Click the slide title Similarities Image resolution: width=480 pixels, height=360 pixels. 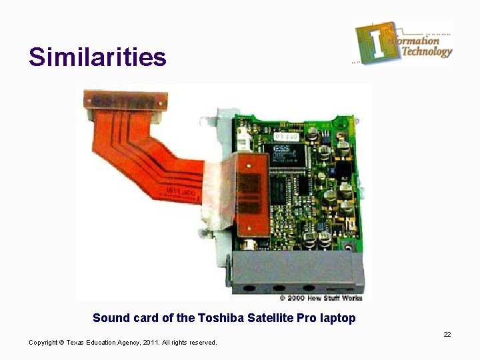(97, 57)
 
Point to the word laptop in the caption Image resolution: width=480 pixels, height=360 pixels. (337, 319)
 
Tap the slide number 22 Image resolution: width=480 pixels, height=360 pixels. (447, 334)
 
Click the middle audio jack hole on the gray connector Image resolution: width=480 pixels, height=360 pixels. (276, 289)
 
